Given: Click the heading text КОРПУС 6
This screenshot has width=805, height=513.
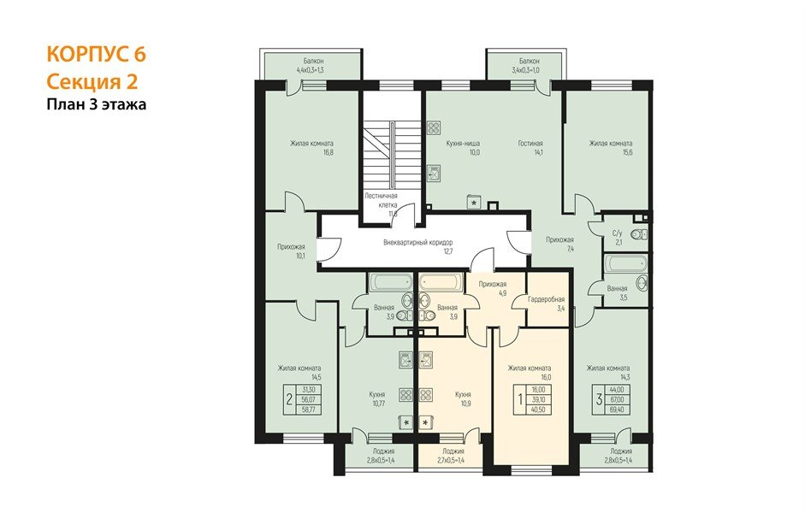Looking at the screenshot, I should (95, 54).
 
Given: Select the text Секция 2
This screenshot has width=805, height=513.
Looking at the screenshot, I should (92, 81).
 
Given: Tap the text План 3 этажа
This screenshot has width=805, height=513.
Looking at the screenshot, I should (97, 105).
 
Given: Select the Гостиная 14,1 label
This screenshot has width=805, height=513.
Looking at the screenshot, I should (530, 148).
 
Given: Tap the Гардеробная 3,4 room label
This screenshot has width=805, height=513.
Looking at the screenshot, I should (547, 303).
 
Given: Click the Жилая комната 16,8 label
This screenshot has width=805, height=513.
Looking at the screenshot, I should (311, 147).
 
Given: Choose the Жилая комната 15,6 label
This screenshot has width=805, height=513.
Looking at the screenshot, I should (610, 147).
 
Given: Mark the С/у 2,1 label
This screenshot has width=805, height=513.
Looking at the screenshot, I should (617, 238).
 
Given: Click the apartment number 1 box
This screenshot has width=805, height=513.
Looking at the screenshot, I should (518, 398).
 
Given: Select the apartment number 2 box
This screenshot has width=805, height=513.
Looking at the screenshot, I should (289, 398).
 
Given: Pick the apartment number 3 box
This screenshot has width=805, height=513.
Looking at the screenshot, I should (600, 398).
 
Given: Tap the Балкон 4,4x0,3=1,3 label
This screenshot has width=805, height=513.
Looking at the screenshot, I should (310, 67).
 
